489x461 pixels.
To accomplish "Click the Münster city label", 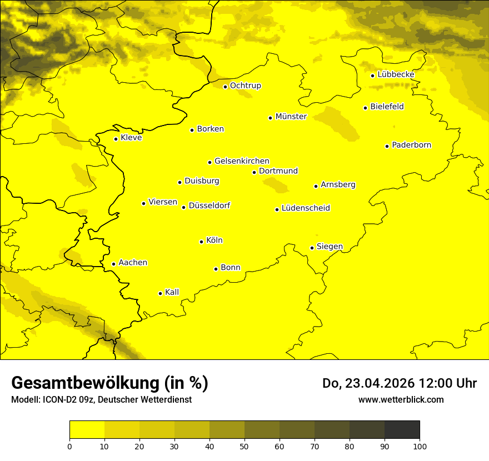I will point(291,117).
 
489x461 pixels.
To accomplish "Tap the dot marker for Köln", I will point(201,242).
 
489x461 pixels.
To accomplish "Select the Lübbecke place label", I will point(396,74).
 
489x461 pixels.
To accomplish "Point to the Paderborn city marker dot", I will point(387,146).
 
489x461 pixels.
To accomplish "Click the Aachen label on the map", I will point(133,263).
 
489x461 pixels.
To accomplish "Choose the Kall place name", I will point(172,292).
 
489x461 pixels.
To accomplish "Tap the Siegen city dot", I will point(312,248).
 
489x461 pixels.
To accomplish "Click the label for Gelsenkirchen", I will point(242,161).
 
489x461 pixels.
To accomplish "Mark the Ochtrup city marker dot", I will point(225,87).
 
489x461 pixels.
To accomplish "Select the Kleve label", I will point(131,138).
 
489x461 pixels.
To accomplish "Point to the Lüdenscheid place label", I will point(306,208).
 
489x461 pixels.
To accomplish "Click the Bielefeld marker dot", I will point(365,108).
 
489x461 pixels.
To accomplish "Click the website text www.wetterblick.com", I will point(401,399).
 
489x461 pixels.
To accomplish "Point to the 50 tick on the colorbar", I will point(244,445).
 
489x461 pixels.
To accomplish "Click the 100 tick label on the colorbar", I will point(420,445).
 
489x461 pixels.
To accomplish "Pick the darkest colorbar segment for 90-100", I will point(402,430).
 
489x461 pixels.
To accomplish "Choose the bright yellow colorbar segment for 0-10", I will point(87,430).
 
